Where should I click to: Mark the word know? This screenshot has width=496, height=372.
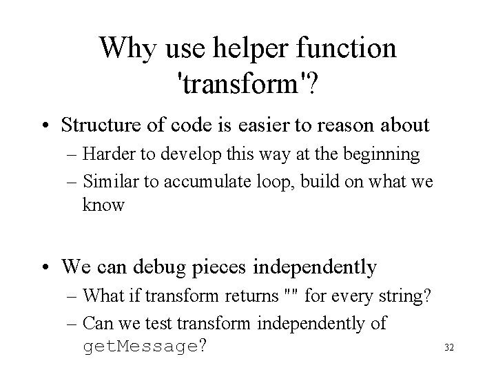coord(103,205)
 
